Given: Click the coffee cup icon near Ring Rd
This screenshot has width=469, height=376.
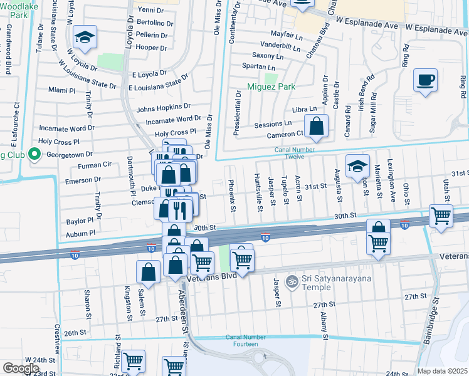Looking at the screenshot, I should point(426,81).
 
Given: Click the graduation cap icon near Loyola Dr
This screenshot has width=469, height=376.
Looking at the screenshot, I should point(83,38).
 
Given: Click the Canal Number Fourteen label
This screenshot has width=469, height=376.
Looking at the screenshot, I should point(242,340).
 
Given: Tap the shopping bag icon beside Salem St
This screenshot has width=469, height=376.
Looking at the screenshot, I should point(148,272).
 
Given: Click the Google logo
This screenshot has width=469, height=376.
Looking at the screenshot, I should point(21,368).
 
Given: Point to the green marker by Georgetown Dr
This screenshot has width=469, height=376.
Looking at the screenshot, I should point(35,154).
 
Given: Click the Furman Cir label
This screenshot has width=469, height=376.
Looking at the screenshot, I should point(94,165).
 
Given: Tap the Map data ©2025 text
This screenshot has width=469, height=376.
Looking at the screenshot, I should point(442,371).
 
